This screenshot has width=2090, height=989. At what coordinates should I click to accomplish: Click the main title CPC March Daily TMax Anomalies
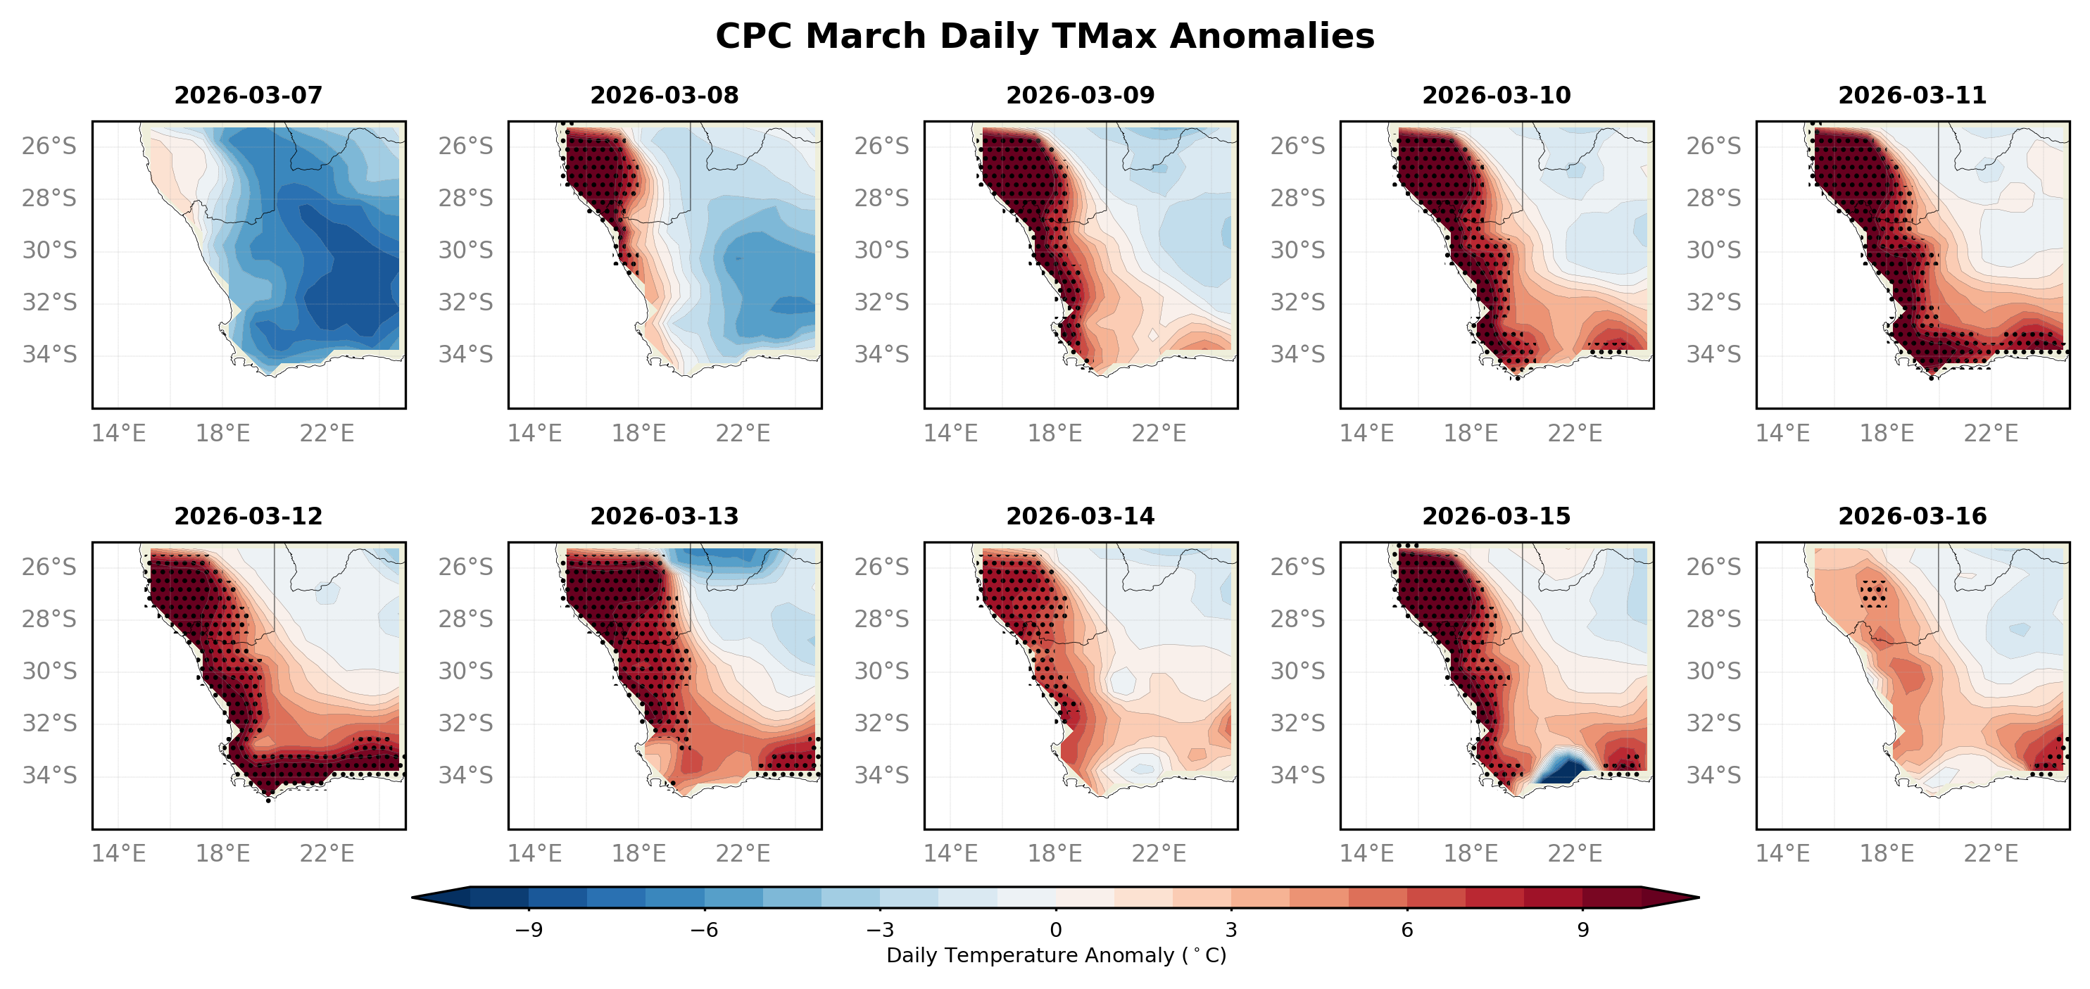(x=1044, y=37)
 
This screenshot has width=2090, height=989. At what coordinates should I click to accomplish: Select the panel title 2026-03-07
(x=248, y=96)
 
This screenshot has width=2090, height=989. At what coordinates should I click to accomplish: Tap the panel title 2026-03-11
(x=1913, y=96)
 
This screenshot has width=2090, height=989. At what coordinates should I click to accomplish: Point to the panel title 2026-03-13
(x=665, y=517)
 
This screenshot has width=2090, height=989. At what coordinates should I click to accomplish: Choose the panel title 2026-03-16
(x=1913, y=517)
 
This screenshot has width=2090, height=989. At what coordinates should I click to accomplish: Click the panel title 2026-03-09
(x=1080, y=96)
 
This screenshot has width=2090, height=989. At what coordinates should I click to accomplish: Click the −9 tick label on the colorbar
(x=528, y=930)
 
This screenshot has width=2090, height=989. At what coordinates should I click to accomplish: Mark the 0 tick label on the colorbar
(x=1055, y=930)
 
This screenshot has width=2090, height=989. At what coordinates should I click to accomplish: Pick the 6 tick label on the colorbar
(x=1407, y=930)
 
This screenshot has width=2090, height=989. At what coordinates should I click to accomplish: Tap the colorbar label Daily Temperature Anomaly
(x=1055, y=956)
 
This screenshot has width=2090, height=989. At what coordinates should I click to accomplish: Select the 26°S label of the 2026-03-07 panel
(x=49, y=146)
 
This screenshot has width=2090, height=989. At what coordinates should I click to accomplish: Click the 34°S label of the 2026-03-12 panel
(x=49, y=776)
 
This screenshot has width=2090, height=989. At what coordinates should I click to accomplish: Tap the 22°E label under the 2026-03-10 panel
(x=1575, y=433)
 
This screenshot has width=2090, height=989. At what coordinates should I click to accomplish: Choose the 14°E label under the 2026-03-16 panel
(x=1782, y=854)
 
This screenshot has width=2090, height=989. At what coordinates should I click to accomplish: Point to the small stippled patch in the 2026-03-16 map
(x=1873, y=594)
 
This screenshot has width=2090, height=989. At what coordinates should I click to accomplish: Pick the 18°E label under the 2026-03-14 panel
(x=1055, y=854)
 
